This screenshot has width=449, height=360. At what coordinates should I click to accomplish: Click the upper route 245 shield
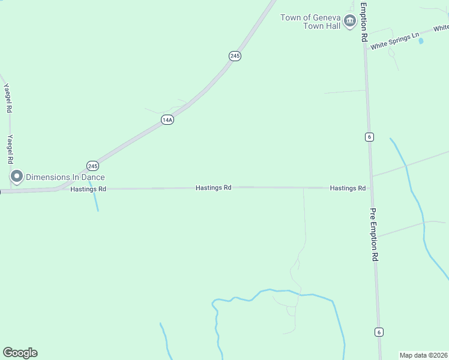(x=235, y=56)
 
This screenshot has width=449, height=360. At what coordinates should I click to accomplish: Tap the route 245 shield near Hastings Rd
(x=92, y=165)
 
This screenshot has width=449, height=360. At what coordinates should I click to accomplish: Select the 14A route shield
(x=167, y=120)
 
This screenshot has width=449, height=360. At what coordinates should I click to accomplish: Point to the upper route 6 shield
(x=369, y=137)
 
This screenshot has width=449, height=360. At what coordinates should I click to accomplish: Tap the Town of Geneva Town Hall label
(x=310, y=21)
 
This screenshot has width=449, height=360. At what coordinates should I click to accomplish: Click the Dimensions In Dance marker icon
(x=16, y=176)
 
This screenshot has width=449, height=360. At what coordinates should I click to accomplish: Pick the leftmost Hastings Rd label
(x=88, y=189)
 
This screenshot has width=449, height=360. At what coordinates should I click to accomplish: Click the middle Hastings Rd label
(x=213, y=188)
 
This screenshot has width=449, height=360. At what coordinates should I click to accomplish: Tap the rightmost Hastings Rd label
(x=348, y=188)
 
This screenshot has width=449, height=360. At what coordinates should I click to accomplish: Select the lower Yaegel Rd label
(x=9, y=149)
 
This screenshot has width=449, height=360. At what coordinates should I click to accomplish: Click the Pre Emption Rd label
(x=374, y=234)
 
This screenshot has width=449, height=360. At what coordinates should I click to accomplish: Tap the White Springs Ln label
(x=394, y=41)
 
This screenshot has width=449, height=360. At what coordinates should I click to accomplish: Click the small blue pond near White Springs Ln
(x=420, y=41)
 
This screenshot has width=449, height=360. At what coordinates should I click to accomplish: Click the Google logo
(x=20, y=353)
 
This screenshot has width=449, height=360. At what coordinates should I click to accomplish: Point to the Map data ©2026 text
(x=424, y=355)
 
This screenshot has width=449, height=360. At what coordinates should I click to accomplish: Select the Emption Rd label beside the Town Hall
(x=363, y=21)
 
